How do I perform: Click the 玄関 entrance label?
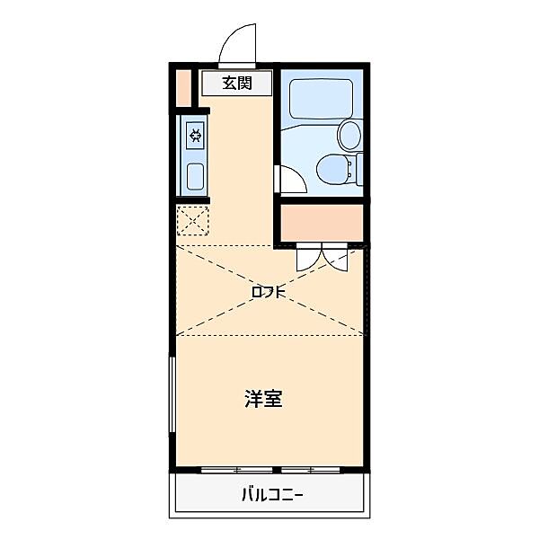[236, 84]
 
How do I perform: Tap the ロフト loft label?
[268, 292]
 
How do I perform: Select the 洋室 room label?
[263, 399]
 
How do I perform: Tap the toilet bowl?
[333, 167]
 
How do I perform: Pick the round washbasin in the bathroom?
[349, 135]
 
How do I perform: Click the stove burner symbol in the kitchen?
[195, 137]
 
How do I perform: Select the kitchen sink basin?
[195, 175]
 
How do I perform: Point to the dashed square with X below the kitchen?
[192, 220]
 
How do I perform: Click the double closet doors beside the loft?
[323, 258]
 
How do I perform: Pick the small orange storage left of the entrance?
[183, 87]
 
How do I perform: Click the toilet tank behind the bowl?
[359, 168]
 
